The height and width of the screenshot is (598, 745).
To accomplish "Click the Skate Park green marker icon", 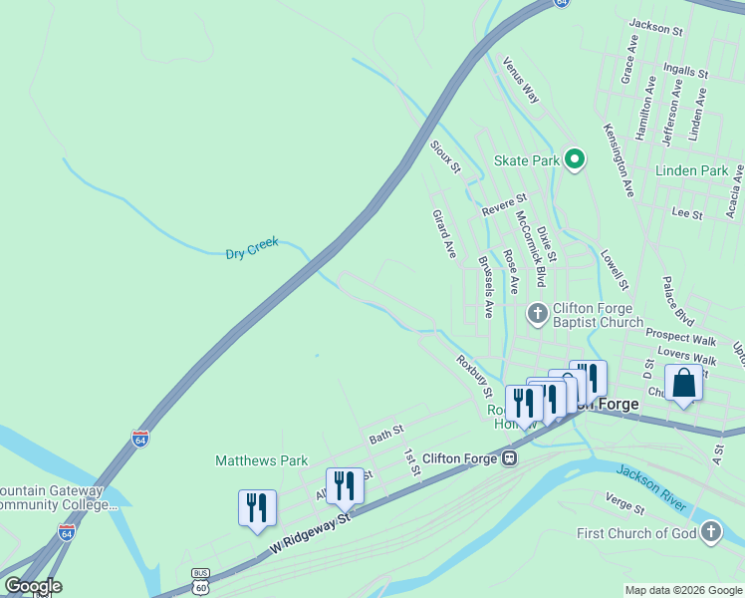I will (x=574, y=159).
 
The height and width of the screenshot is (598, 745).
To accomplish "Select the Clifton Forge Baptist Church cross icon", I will (x=537, y=315).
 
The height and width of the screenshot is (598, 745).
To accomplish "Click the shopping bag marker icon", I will (x=683, y=384).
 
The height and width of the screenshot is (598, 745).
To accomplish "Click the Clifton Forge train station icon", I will (x=509, y=458).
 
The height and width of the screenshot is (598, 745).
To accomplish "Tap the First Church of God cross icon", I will (x=710, y=532).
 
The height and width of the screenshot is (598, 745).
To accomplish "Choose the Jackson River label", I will (x=651, y=483).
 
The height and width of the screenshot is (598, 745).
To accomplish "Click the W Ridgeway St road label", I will (x=312, y=534).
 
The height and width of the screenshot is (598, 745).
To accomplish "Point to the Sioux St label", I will (x=445, y=156).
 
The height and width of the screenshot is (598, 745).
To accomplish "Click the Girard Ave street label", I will (x=444, y=234).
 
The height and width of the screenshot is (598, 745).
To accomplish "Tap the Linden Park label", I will (x=692, y=170).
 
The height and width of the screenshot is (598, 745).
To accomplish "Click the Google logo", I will (x=33, y=586).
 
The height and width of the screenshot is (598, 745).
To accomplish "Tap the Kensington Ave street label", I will (x=619, y=159).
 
